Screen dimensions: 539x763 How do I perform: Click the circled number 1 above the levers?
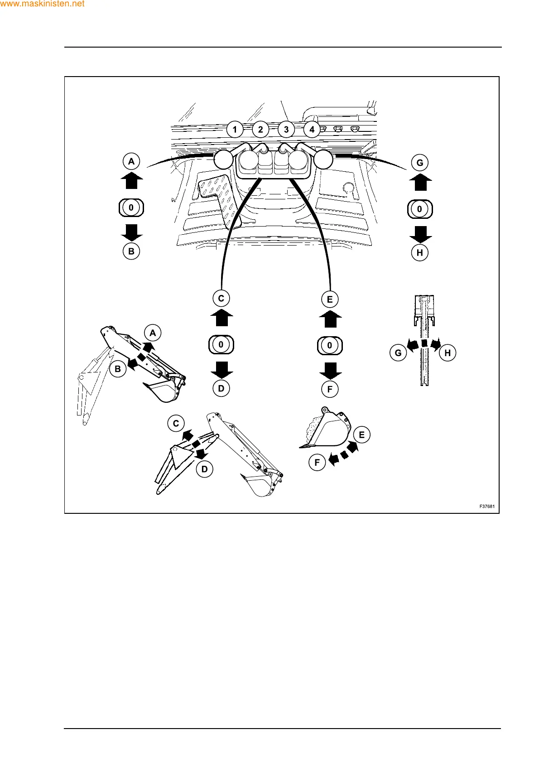tap(235, 130)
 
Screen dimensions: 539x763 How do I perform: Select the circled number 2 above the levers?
tap(260, 130)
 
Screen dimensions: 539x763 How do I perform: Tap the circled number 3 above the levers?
tap(286, 130)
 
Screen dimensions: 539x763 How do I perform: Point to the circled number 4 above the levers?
tap(312, 130)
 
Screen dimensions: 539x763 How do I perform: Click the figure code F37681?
tap(487, 507)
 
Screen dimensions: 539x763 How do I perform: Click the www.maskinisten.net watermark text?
tap(43, 4)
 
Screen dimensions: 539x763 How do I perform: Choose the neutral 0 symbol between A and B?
tap(131, 208)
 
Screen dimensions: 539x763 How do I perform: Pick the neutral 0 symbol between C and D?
tap(221, 345)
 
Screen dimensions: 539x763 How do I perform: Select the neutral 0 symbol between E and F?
tap(330, 346)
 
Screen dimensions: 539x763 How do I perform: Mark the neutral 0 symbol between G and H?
tap(420, 209)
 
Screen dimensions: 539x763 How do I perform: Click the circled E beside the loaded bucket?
tap(361, 435)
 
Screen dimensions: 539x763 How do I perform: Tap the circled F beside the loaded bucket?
tap(317, 463)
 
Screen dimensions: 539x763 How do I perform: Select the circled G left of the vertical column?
tap(398, 353)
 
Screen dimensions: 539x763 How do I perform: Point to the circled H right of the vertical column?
tap(448, 353)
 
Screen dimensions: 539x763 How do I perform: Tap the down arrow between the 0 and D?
tap(221, 369)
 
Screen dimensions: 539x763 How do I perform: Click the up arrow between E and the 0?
tap(330, 319)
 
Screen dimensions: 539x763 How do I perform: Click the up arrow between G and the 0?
tap(420, 183)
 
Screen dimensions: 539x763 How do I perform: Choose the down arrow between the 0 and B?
tap(132, 232)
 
